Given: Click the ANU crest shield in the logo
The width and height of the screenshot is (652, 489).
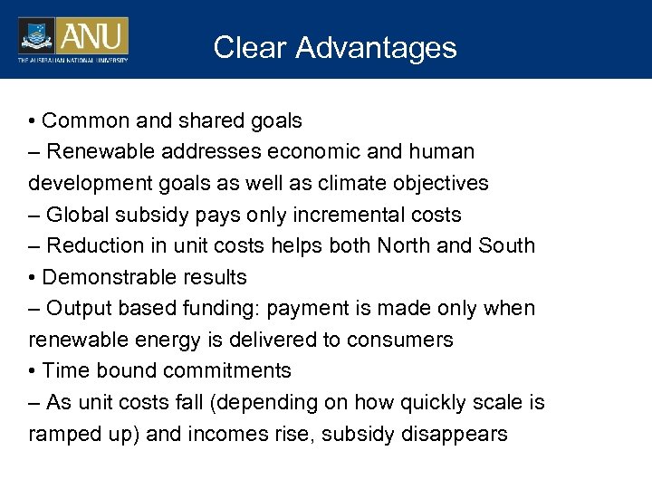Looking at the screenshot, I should tap(36, 36).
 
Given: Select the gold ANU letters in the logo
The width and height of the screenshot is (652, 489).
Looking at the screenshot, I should tap(93, 36).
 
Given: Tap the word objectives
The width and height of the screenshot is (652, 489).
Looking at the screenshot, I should tap(441, 183).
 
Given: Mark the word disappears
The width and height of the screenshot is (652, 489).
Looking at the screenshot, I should tap(454, 434).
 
